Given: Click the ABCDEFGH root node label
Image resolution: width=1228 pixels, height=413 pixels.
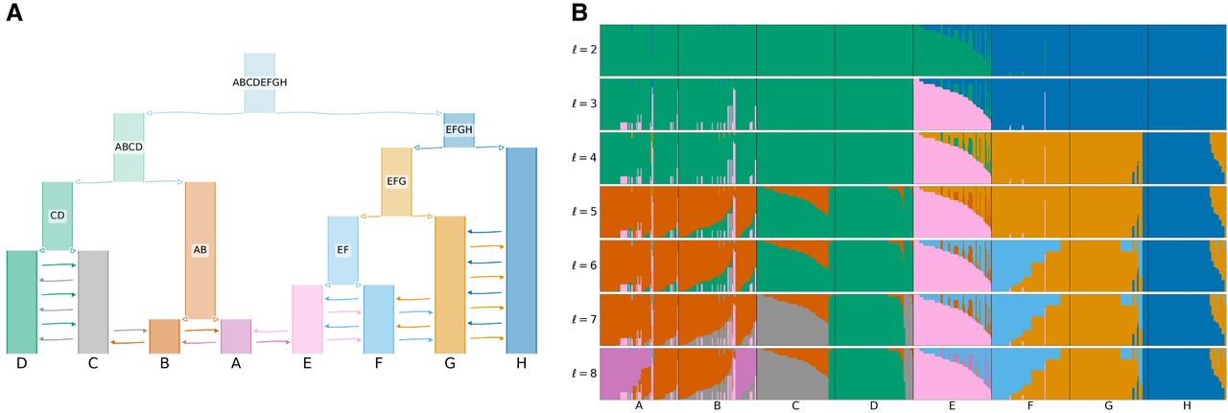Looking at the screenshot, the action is (x=259, y=82).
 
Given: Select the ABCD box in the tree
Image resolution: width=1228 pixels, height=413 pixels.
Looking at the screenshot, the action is (x=129, y=147).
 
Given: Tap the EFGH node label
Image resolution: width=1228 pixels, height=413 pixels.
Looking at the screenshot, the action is (x=459, y=129).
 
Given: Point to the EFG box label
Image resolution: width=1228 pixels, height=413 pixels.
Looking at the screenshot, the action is (x=396, y=181).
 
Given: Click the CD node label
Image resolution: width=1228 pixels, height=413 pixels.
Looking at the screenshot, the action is (x=58, y=216).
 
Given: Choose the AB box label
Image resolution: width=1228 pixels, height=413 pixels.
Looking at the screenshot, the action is (x=201, y=250).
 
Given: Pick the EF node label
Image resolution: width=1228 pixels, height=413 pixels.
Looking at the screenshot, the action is (x=342, y=250).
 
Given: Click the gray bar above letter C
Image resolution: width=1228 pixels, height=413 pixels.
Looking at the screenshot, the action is (x=93, y=302).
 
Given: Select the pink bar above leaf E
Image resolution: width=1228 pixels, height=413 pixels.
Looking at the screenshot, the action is (x=307, y=319).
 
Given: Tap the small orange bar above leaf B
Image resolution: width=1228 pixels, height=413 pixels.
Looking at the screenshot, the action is (x=164, y=336).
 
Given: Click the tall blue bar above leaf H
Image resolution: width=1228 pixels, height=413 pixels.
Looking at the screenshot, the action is (x=521, y=250).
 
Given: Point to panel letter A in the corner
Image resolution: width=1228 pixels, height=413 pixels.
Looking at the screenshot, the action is (x=14, y=13).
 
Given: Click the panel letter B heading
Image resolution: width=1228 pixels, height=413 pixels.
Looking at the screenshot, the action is (x=580, y=13).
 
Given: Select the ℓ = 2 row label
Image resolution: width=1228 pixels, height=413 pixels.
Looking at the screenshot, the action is (x=582, y=50).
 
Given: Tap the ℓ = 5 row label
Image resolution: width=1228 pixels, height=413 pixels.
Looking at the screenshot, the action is (x=582, y=212).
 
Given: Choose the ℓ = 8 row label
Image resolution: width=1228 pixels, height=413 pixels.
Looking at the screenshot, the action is (x=582, y=374).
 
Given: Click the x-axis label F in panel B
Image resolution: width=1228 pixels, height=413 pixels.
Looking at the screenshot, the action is (x=1030, y=406).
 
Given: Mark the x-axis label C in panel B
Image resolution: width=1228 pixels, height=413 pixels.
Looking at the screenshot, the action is (x=795, y=406).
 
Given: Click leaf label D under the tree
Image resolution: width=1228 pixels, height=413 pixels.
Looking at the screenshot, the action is (x=21, y=363).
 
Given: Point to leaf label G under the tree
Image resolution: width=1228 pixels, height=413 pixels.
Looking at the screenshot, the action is (x=450, y=363).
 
